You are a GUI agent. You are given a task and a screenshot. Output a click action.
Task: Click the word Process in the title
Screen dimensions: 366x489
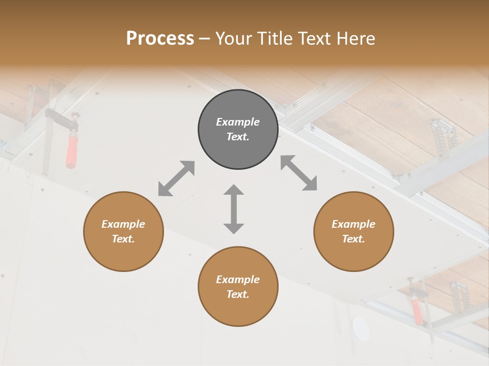point(160,39)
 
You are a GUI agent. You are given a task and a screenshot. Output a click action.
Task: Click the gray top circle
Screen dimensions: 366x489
point(238,129)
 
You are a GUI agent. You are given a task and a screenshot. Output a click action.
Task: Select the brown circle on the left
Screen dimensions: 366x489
point(123,231)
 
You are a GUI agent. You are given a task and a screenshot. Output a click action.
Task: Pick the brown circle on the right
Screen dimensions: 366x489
point(354,231)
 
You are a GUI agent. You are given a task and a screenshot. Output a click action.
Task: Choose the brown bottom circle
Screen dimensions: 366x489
point(238,287)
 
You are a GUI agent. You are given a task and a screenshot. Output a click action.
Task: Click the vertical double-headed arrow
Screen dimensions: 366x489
point(234,209)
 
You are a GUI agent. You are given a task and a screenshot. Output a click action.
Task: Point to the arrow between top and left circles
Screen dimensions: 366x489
point(176,178)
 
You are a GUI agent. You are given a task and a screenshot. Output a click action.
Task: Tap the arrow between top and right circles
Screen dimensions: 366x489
point(299,173)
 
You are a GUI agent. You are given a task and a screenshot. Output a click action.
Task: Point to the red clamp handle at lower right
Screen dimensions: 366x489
point(417,312)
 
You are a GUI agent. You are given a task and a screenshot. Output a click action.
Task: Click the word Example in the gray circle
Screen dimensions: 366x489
point(238,122)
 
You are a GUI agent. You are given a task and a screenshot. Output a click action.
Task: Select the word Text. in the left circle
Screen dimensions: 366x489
point(123,239)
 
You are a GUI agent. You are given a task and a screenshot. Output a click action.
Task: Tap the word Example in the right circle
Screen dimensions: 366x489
point(354,224)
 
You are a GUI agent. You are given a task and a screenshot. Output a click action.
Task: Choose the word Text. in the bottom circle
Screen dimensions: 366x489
point(238,294)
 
